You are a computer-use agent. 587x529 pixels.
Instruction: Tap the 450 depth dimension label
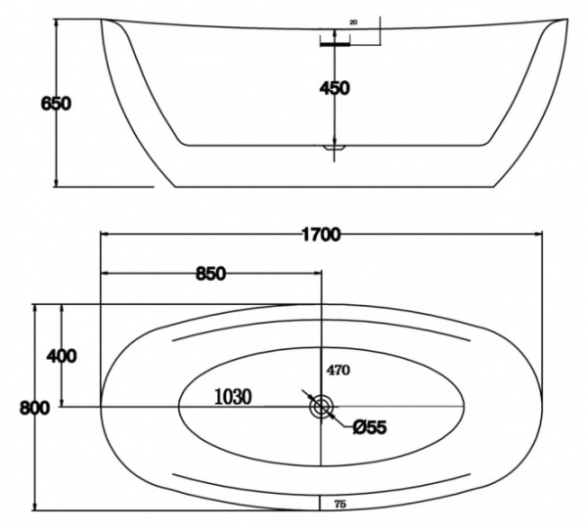tap(334, 88)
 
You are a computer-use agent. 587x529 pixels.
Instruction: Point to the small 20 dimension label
tap(353, 22)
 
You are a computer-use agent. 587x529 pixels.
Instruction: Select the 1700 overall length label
tap(320, 234)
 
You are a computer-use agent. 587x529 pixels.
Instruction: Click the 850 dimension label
tap(210, 273)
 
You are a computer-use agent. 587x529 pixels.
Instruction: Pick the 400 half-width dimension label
tap(61, 356)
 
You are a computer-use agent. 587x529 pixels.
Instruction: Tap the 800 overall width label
tap(35, 409)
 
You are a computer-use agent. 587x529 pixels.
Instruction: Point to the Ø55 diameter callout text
tap(371, 426)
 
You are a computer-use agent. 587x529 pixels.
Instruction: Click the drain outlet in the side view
tap(335, 146)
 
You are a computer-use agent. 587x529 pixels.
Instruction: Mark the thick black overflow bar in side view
tap(335, 41)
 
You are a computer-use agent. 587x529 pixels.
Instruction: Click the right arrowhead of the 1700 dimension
tap(537, 234)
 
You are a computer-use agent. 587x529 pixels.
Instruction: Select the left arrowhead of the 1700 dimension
tap(105, 234)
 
